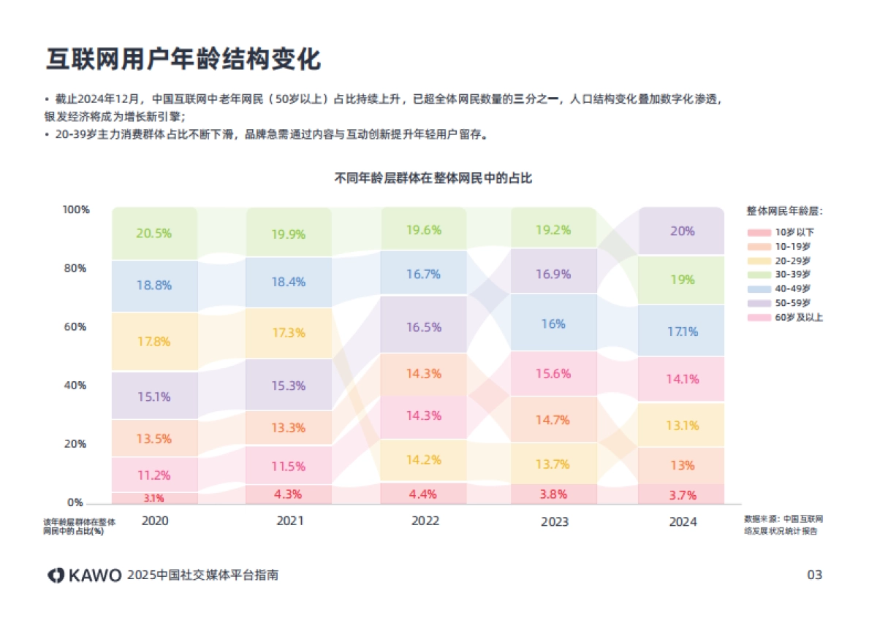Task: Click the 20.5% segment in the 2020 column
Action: pyautogui.click(x=154, y=234)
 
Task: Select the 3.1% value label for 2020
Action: pyautogui.click(x=154, y=498)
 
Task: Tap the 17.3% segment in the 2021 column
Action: pyautogui.click(x=289, y=332)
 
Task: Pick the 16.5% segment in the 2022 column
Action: pyautogui.click(x=424, y=327)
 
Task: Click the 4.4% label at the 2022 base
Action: pyautogui.click(x=424, y=494)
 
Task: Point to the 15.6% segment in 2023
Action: pyautogui.click(x=553, y=373)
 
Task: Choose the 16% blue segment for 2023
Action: pyautogui.click(x=553, y=324)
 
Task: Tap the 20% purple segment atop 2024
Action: pyautogui.click(x=682, y=231)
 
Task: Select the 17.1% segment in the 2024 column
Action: pyautogui.click(x=682, y=331)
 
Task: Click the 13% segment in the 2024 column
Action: pyautogui.click(x=682, y=465)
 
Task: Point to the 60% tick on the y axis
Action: pyautogui.click(x=76, y=326)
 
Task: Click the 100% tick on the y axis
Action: pyautogui.click(x=76, y=210)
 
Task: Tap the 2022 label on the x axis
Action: pyautogui.click(x=425, y=521)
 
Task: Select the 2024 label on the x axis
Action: pyautogui.click(x=683, y=521)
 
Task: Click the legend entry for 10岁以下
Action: pyautogui.click(x=786, y=231)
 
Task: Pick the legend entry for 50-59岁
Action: pyautogui.click(x=786, y=302)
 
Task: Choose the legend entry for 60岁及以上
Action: pyautogui.click(x=786, y=317)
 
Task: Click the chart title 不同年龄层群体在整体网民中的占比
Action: pyautogui.click(x=433, y=177)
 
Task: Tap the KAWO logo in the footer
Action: pyautogui.click(x=85, y=575)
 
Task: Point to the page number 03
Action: pyautogui.click(x=814, y=575)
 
